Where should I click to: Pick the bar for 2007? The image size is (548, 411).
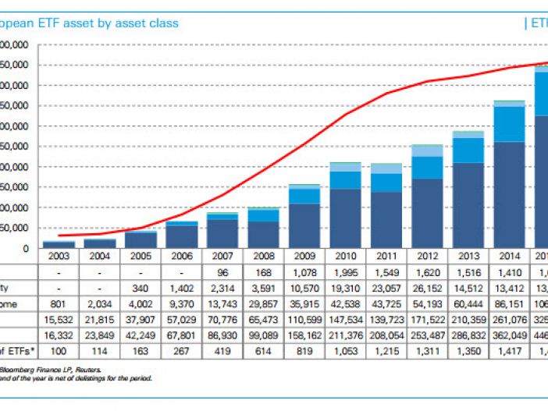click(222, 231)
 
